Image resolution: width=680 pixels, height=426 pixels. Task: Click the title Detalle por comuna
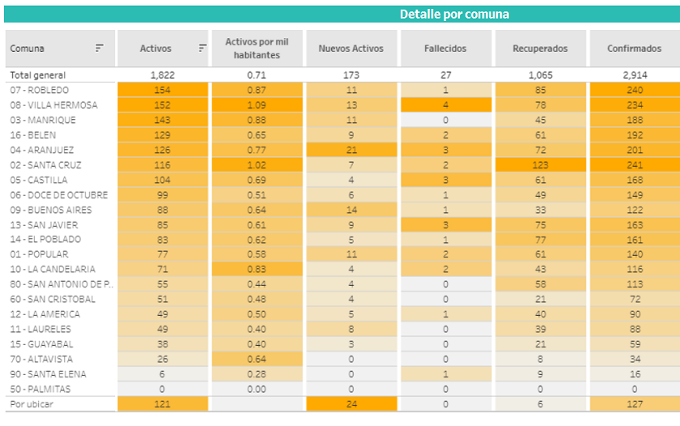454,15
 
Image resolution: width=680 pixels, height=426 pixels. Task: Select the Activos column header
155,49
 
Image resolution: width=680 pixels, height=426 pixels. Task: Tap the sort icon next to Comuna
100,49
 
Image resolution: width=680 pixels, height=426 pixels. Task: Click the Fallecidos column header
445,49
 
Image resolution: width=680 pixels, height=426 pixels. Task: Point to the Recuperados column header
540,49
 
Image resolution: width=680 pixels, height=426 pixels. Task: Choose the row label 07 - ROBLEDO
40,90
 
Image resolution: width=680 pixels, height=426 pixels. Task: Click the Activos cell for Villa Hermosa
162,105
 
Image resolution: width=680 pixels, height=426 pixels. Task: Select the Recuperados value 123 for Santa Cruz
540,165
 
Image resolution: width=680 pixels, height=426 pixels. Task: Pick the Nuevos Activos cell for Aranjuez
351,150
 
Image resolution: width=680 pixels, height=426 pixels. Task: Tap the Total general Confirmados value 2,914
634,75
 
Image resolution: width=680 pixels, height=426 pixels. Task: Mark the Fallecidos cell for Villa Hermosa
445,105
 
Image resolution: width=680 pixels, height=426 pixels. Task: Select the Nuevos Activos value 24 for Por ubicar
351,403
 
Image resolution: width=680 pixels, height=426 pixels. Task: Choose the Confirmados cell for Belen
634,135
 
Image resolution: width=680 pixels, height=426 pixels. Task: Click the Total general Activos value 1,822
162,75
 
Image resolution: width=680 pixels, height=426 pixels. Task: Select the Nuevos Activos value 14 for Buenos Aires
351,210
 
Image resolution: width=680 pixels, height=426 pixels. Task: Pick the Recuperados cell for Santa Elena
540,374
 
